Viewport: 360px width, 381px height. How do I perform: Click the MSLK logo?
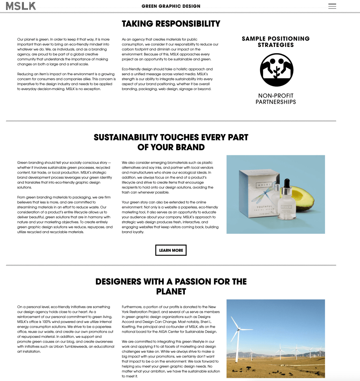(x=21, y=6)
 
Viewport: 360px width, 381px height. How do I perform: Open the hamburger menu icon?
(x=332, y=6)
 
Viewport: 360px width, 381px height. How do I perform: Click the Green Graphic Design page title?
(x=171, y=6)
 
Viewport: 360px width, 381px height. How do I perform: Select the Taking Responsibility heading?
(x=171, y=24)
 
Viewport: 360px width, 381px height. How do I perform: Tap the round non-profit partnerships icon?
(x=277, y=70)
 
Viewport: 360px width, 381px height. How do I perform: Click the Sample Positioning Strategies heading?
(x=276, y=42)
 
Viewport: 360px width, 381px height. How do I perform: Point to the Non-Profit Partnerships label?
(x=276, y=99)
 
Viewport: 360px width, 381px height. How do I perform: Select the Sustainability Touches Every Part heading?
(x=171, y=142)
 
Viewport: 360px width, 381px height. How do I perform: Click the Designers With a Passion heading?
(x=171, y=286)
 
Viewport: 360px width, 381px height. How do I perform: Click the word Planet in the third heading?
(x=171, y=291)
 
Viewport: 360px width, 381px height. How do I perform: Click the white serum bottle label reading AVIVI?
(x=286, y=207)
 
